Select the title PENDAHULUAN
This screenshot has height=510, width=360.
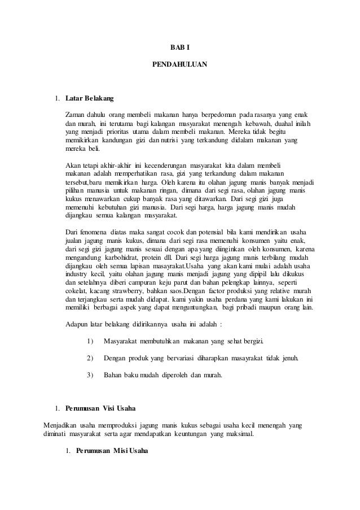point(180,65)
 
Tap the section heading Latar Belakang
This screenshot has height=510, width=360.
point(89,99)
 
